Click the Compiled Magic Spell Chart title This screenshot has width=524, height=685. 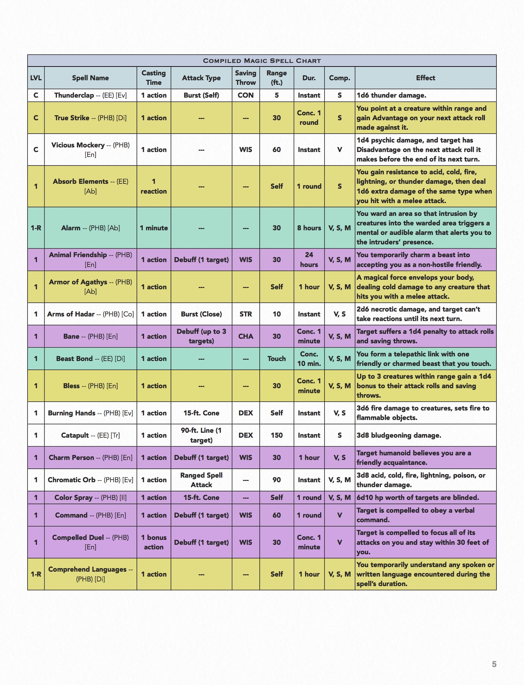click(262, 61)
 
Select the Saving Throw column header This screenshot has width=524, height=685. click(246, 78)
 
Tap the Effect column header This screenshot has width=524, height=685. click(425, 78)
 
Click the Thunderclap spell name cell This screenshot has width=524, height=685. click(90, 95)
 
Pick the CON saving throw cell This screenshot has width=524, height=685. click(246, 95)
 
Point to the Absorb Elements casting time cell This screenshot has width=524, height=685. click(154, 186)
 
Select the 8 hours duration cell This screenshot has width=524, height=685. click(309, 228)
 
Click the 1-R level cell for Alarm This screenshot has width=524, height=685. click(36, 228)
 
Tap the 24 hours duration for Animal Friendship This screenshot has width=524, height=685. click(309, 259)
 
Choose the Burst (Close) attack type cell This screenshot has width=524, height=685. click(201, 314)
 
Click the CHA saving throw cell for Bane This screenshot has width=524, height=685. click(246, 336)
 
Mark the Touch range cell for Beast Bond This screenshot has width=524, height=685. click(276, 358)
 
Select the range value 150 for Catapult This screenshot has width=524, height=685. click(276, 435)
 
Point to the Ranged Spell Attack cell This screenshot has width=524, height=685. click(201, 480)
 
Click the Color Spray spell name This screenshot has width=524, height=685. click(90, 497)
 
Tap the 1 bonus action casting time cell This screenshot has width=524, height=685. click(154, 542)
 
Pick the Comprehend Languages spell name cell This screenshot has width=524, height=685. click(90, 574)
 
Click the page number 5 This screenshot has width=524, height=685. click(494, 664)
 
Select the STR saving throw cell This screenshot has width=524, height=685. click(246, 314)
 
